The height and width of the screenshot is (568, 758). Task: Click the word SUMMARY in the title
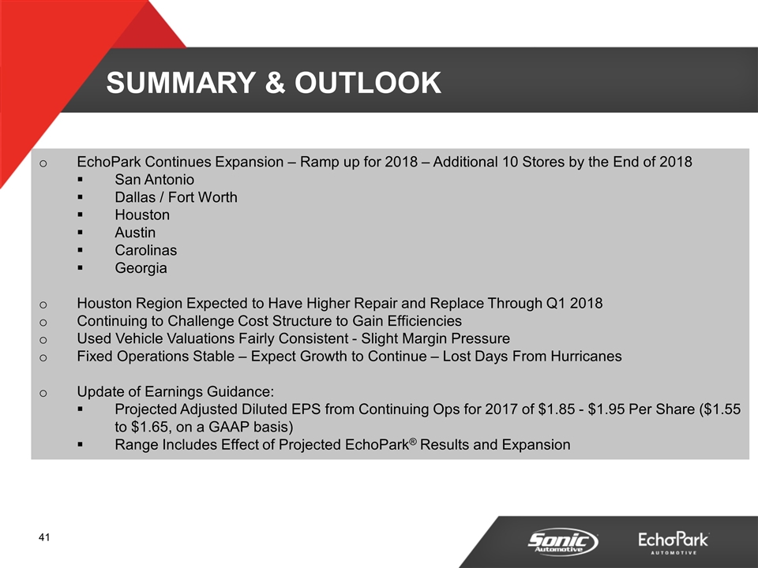181,83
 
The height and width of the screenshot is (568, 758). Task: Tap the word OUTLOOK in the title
368,83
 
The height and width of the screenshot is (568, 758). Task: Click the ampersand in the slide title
275,83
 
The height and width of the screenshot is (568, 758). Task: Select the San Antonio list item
154,180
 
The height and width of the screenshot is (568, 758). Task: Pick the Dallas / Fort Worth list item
176,197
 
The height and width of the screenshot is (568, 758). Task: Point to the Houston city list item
142,215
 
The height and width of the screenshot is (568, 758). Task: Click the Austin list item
135,233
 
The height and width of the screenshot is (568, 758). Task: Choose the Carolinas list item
145,250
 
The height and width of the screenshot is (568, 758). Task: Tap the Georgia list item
141,268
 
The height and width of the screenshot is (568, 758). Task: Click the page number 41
44,537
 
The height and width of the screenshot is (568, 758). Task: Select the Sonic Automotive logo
563,542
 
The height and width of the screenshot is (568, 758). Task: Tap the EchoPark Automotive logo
674,543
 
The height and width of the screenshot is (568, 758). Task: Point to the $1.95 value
608,409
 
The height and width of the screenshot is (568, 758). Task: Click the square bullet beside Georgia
80,268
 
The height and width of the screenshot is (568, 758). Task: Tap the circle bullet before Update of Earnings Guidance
43,393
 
